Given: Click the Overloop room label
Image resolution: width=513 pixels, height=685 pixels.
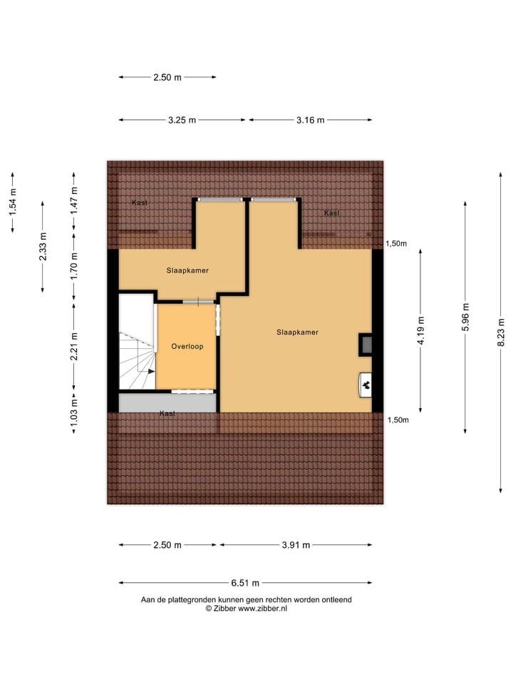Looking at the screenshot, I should click(187, 346).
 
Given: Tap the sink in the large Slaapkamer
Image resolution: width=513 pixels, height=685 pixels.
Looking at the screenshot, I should click(366, 385).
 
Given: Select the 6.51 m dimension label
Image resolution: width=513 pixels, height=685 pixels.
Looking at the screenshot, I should click(246, 582).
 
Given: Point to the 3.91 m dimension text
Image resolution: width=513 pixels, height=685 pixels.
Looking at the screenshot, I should click(296, 545).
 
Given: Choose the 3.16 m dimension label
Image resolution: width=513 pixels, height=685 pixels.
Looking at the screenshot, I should click(311, 120).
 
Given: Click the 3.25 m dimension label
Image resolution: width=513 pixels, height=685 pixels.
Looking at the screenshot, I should click(182, 120).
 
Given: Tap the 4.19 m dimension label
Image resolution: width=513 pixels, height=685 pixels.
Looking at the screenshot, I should click(421, 330).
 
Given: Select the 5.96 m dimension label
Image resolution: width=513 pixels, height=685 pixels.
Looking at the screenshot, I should click(465, 317).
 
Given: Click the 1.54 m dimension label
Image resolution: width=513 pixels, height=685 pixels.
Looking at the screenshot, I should click(13, 201).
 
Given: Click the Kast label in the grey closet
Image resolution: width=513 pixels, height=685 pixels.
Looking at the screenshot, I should click(167, 413).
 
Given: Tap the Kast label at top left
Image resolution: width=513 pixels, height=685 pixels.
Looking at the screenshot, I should click(140, 203).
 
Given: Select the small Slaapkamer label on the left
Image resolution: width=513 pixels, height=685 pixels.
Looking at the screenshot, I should click(187, 270).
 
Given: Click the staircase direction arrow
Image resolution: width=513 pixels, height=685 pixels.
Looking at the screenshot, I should click(150, 371).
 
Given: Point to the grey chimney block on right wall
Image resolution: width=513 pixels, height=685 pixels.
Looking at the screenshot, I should click(366, 345).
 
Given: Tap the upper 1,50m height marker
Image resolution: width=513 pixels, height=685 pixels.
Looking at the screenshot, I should click(396, 243).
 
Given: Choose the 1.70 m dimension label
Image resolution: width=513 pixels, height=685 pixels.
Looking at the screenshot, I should click(73, 265).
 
